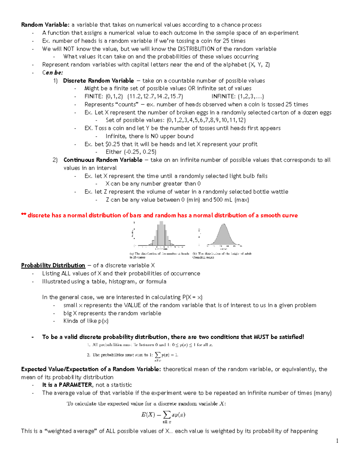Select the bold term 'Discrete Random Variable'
(98, 81)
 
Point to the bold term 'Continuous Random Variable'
(103, 160)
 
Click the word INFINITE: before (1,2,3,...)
(223, 96)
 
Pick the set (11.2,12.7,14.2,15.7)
(155, 96)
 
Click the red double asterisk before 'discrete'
(23, 215)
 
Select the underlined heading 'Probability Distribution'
(53, 266)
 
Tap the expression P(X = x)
(192, 297)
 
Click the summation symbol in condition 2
(157, 355)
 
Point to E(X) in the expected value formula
(148, 415)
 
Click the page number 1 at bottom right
(337, 441)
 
